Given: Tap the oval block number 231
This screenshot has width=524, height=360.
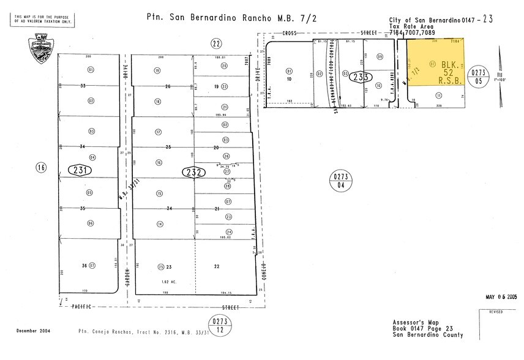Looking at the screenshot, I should [80, 170].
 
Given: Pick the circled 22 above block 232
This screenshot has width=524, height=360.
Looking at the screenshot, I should [215, 43].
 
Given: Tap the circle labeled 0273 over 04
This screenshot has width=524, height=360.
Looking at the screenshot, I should [340, 179].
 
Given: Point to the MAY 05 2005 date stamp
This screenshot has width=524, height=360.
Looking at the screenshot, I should [501, 297].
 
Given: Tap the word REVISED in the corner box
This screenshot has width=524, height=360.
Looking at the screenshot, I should [496, 312].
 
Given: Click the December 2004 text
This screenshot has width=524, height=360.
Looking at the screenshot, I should [34, 331].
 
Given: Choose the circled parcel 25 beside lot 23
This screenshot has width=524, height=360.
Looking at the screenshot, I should [161, 266].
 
